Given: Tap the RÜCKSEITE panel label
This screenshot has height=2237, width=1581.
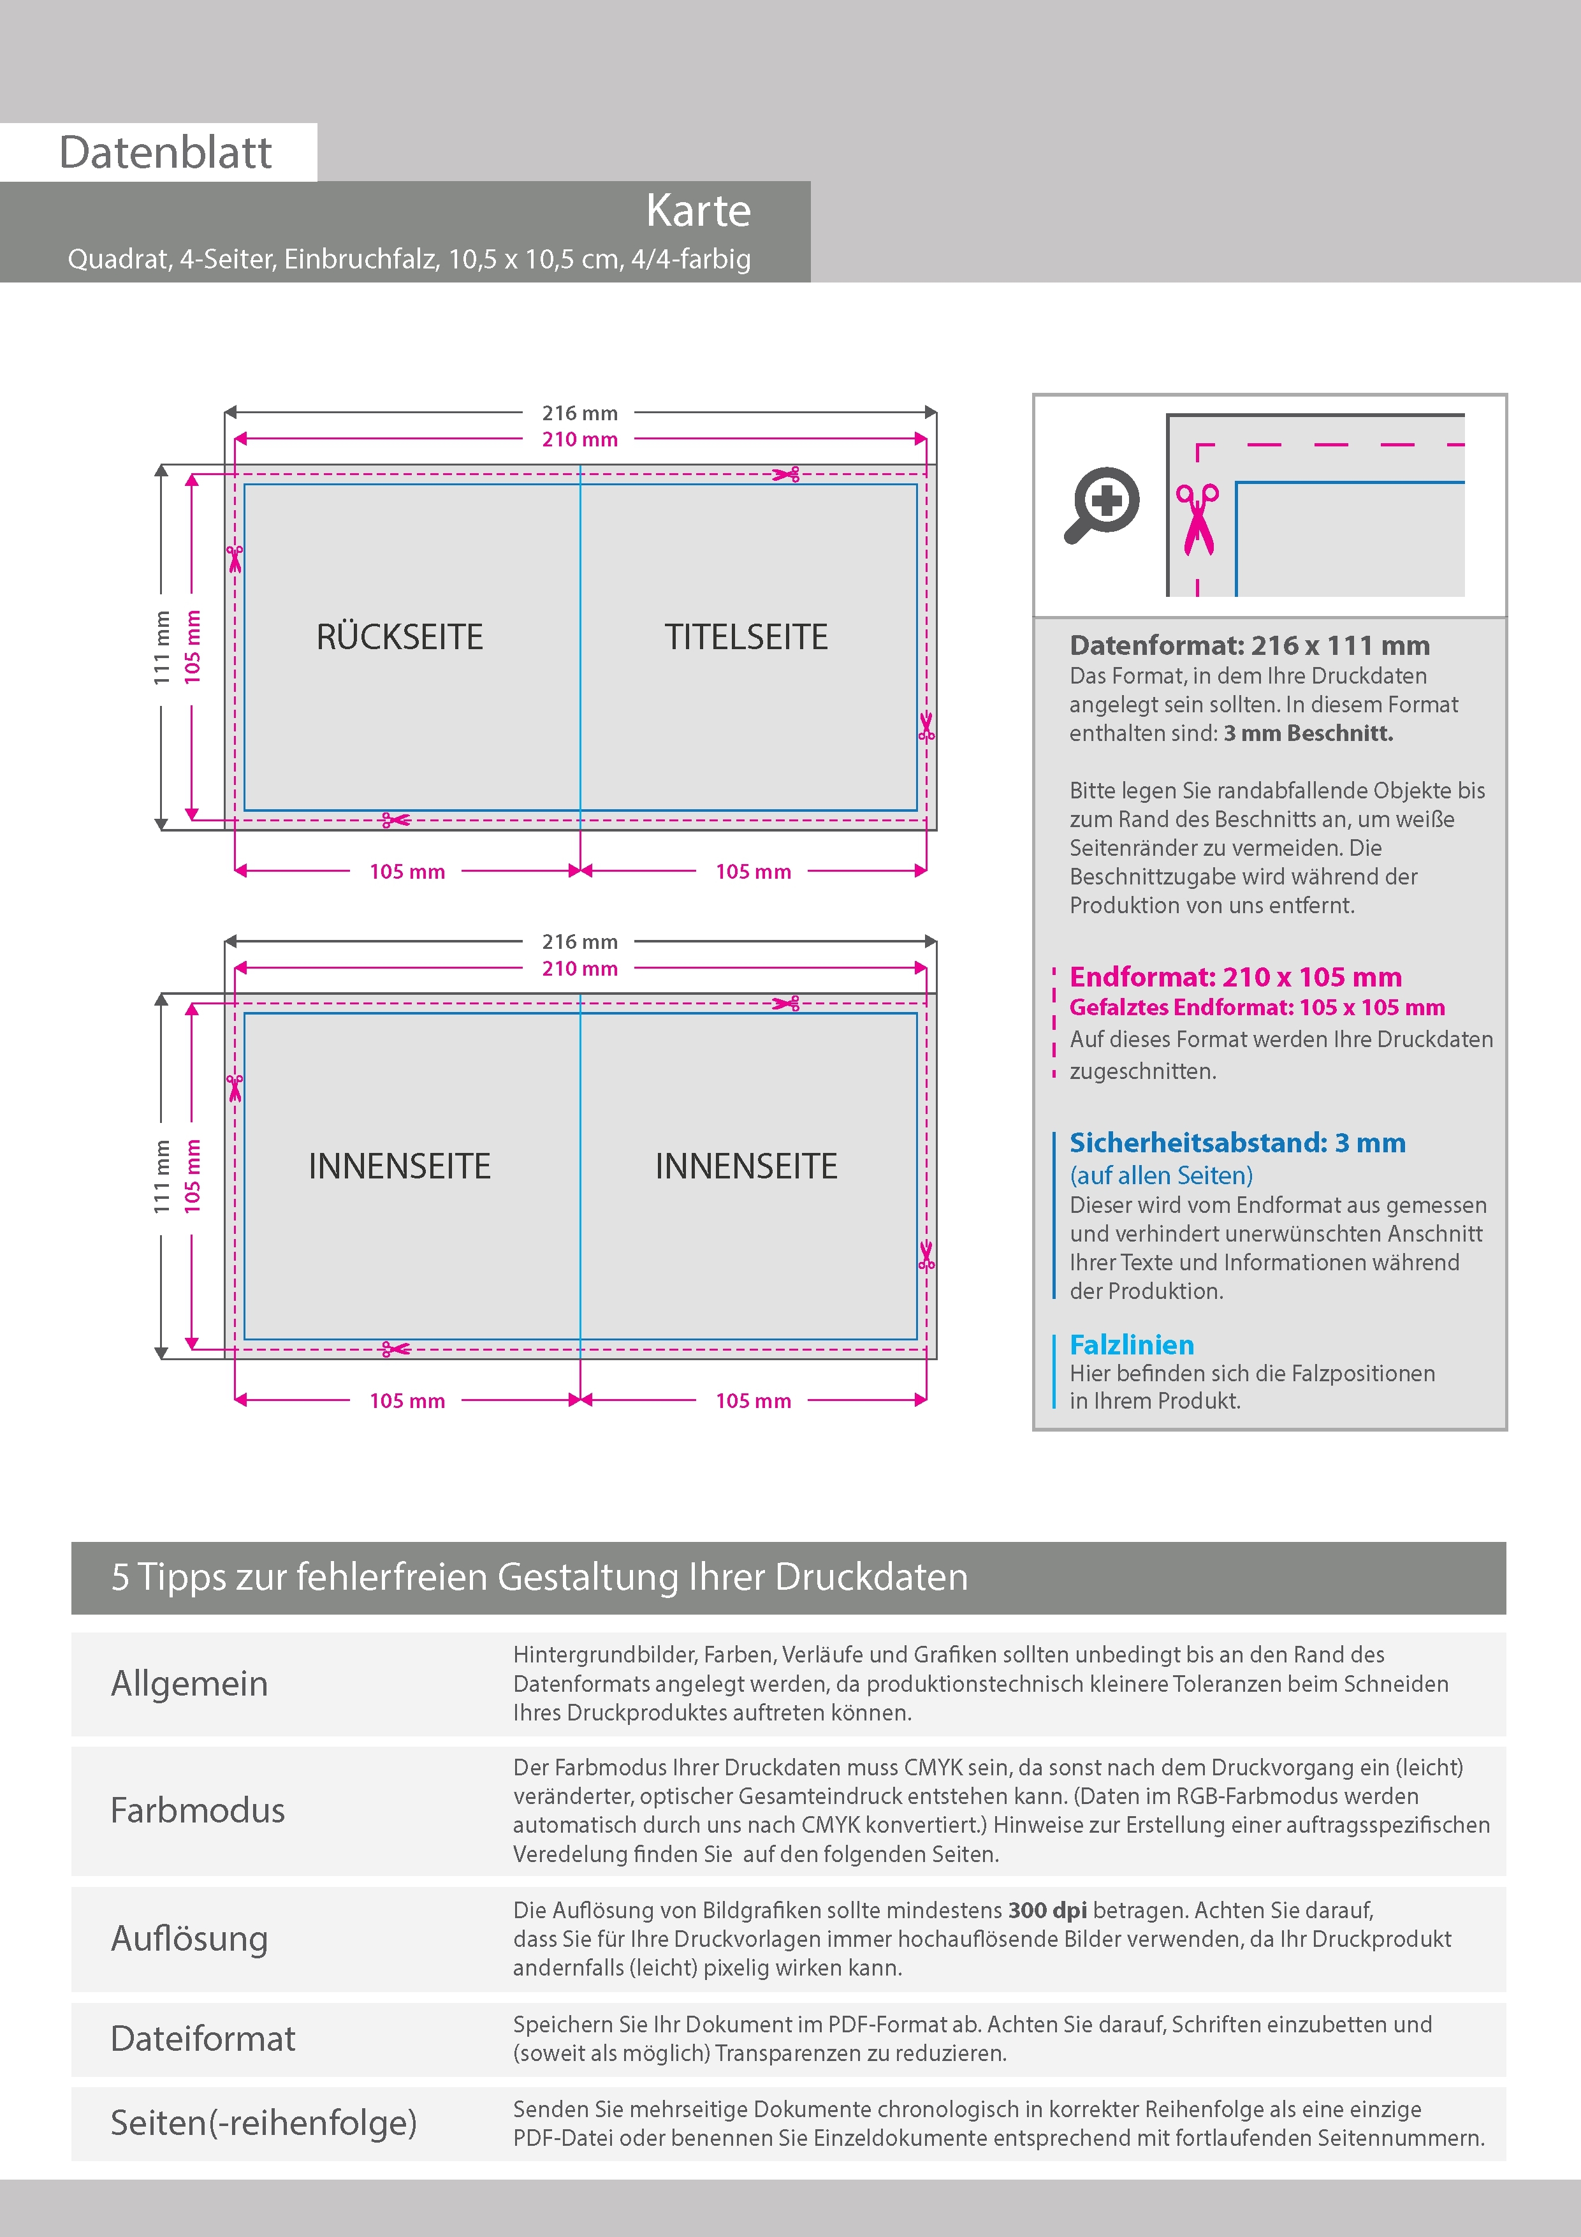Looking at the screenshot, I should (x=399, y=637).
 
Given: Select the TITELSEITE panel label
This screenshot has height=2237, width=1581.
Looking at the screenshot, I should (x=746, y=637).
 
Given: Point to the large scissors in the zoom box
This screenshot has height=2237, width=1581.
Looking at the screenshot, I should (x=1197, y=519).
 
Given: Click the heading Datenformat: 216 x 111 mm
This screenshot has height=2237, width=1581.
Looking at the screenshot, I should (x=1249, y=645).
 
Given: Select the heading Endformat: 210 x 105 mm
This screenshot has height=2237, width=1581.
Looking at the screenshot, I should (x=1235, y=976).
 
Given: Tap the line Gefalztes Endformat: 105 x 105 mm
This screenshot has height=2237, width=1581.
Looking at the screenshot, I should (x=1257, y=1008).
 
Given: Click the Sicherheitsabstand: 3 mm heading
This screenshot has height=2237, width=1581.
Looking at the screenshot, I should (x=1237, y=1143).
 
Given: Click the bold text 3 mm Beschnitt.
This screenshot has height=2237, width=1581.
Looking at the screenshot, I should (x=1308, y=733).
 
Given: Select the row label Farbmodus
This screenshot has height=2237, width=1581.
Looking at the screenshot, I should (x=198, y=1810).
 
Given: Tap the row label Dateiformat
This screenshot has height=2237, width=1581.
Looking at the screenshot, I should (x=203, y=2038).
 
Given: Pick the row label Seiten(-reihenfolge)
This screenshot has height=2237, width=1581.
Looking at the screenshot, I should (x=263, y=2122).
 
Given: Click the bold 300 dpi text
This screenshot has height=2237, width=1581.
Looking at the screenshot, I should (x=1047, y=1910).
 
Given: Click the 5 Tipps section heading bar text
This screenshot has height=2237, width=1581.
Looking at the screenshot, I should (x=539, y=1576).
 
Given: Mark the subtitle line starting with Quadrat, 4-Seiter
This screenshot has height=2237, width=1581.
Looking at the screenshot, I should (x=409, y=259).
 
